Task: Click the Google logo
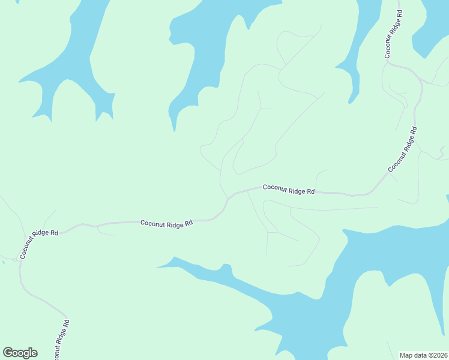(x=20, y=353)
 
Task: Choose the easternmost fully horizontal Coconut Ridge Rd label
(x=289, y=190)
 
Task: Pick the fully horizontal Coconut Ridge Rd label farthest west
(x=167, y=223)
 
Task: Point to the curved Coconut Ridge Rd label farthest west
(x=38, y=244)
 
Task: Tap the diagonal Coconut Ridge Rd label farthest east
(x=402, y=150)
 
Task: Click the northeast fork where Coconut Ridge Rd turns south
(x=414, y=75)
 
